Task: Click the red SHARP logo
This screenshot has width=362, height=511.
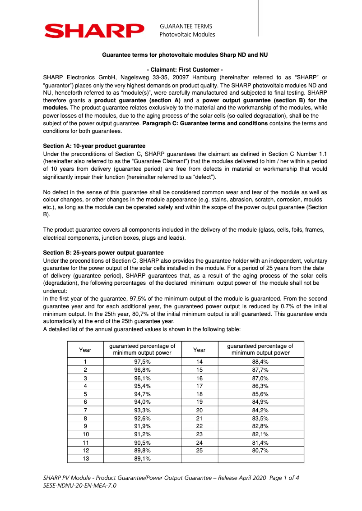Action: [x=94, y=31]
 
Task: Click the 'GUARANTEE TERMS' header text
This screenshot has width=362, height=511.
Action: [x=186, y=27]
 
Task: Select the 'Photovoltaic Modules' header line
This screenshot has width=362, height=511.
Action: [x=187, y=35]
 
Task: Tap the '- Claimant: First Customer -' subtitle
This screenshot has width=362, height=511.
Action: [x=185, y=70]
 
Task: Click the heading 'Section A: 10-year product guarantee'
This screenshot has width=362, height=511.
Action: [x=94, y=146]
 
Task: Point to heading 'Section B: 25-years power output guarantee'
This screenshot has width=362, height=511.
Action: [x=103, y=253]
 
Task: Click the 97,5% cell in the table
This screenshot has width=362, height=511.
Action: [x=142, y=362]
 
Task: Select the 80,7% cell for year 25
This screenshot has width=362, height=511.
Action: [x=260, y=451]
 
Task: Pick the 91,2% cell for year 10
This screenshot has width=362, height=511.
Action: [x=142, y=434]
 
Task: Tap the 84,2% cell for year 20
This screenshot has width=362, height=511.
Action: [x=260, y=410]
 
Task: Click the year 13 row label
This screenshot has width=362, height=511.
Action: [x=85, y=459]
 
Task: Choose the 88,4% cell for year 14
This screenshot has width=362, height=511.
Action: [x=260, y=362]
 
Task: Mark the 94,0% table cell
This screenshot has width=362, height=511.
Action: [x=142, y=402]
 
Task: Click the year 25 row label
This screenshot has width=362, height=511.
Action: [x=199, y=451]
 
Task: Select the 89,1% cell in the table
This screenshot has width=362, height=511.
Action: [x=142, y=459]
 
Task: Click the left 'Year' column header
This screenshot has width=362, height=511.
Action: [x=85, y=350]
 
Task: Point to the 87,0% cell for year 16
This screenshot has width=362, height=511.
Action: [x=260, y=378]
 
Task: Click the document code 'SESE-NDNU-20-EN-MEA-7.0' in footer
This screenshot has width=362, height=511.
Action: [x=79, y=486]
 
